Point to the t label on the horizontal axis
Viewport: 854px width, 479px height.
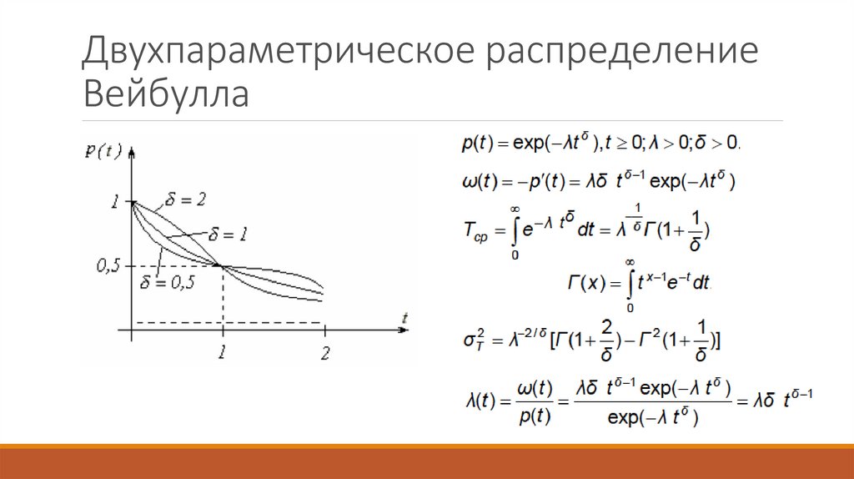click(403, 317)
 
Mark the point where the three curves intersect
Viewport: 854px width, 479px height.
click(221, 265)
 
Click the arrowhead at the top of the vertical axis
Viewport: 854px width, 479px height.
click(133, 148)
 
